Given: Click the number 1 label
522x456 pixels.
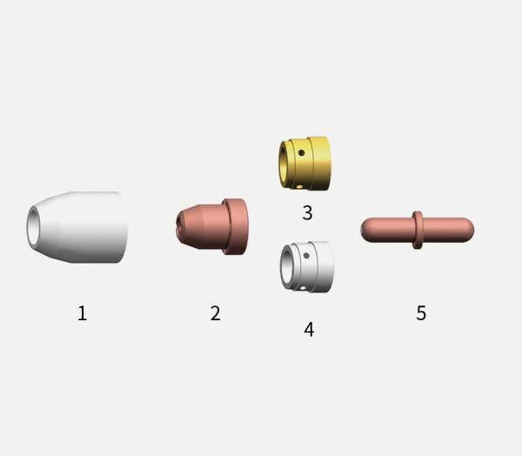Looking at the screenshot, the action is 83,313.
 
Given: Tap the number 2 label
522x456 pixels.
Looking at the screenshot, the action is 216,313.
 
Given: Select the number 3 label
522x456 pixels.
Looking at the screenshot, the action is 307,212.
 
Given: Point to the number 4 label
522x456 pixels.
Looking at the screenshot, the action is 309,330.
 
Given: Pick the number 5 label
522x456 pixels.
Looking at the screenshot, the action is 421,312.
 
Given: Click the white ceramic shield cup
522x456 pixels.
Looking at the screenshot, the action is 77,227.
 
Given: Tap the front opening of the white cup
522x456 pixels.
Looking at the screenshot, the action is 33,226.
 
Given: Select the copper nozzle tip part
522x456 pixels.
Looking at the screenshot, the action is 211,227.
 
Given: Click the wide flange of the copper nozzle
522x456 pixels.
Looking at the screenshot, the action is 235,227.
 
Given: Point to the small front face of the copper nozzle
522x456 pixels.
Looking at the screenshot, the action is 180,226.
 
